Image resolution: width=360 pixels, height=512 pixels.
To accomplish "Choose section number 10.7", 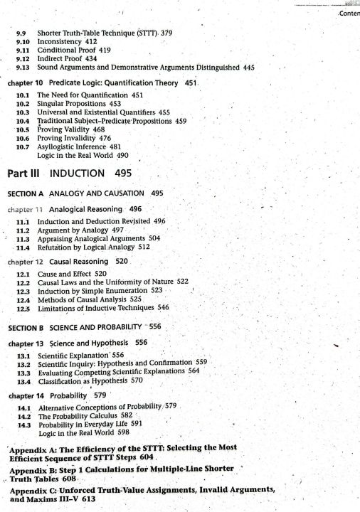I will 24,146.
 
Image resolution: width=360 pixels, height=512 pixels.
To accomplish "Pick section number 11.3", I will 26,239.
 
